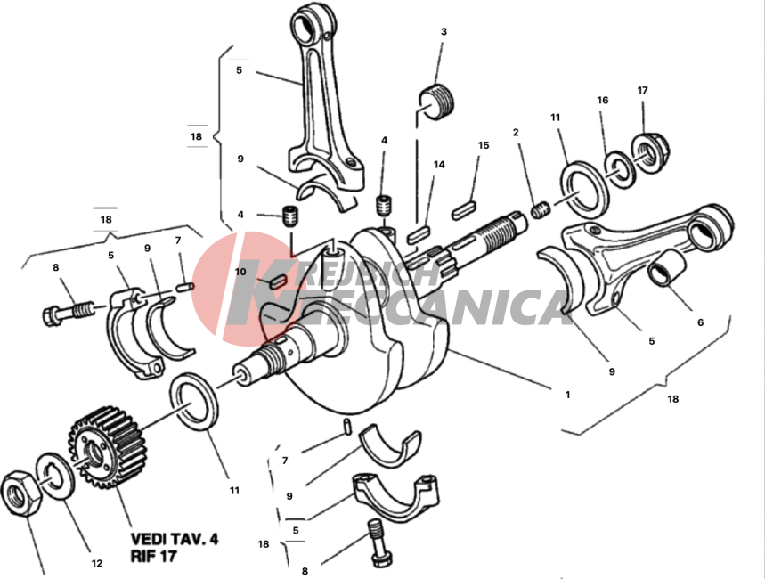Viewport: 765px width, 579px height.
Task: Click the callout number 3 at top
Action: [x=444, y=32]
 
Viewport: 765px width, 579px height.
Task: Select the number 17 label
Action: [x=642, y=90]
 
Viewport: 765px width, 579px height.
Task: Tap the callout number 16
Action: [x=603, y=100]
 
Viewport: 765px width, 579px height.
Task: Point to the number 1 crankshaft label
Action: [x=567, y=395]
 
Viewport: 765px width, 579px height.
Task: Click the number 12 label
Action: [x=96, y=563]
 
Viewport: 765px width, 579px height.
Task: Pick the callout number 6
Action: [x=701, y=322]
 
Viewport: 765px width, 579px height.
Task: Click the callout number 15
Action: [x=484, y=145]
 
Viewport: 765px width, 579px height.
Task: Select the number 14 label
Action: [x=439, y=165]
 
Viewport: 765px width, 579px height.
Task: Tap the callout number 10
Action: [x=240, y=272]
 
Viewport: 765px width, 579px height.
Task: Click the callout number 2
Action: [x=516, y=133]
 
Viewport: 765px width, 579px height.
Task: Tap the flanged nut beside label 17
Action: [x=650, y=152]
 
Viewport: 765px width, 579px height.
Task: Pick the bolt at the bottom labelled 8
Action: [x=379, y=542]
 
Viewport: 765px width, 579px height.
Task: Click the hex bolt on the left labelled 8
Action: [x=68, y=313]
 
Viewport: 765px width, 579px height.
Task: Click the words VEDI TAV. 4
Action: [x=175, y=539]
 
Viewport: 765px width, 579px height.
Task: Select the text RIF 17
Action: [x=153, y=556]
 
